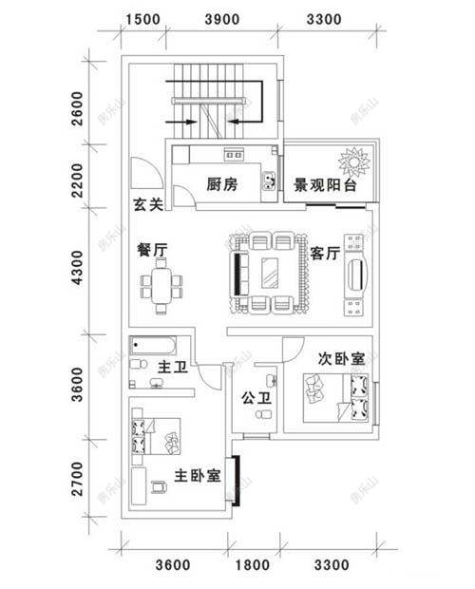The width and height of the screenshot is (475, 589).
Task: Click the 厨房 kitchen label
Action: tap(221, 186)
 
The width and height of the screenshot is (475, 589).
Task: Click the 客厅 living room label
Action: tap(326, 254)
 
